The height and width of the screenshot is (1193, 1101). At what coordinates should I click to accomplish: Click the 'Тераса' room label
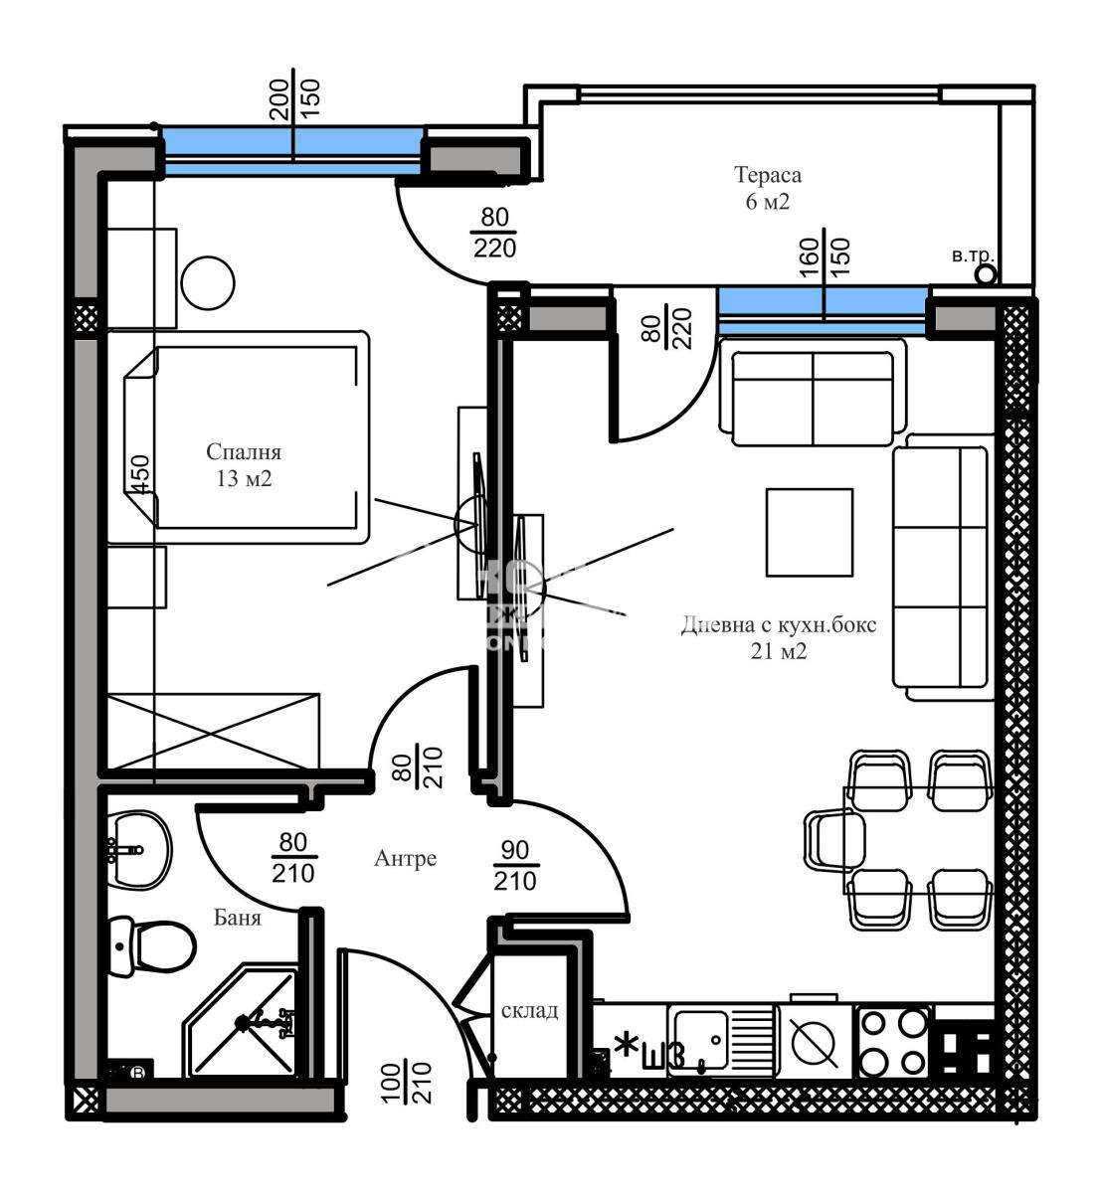(767, 176)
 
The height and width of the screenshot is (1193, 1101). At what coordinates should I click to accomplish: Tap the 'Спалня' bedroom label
(244, 452)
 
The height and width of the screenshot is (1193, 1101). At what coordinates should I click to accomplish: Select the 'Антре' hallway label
(405, 858)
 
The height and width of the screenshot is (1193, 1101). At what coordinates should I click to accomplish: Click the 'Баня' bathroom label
(238, 918)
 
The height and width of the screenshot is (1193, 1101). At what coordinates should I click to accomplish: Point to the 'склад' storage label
(528, 1011)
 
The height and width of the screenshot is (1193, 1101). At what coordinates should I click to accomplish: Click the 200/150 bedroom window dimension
(293, 97)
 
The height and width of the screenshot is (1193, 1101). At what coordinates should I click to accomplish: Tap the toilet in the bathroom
(154, 944)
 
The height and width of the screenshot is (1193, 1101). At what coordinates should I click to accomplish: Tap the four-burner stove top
(892, 1042)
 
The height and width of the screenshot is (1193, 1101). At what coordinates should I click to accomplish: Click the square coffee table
(810, 533)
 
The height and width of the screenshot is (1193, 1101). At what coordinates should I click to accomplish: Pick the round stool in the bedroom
(208, 283)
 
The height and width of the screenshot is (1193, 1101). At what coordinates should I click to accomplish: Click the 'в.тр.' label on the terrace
(971, 256)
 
